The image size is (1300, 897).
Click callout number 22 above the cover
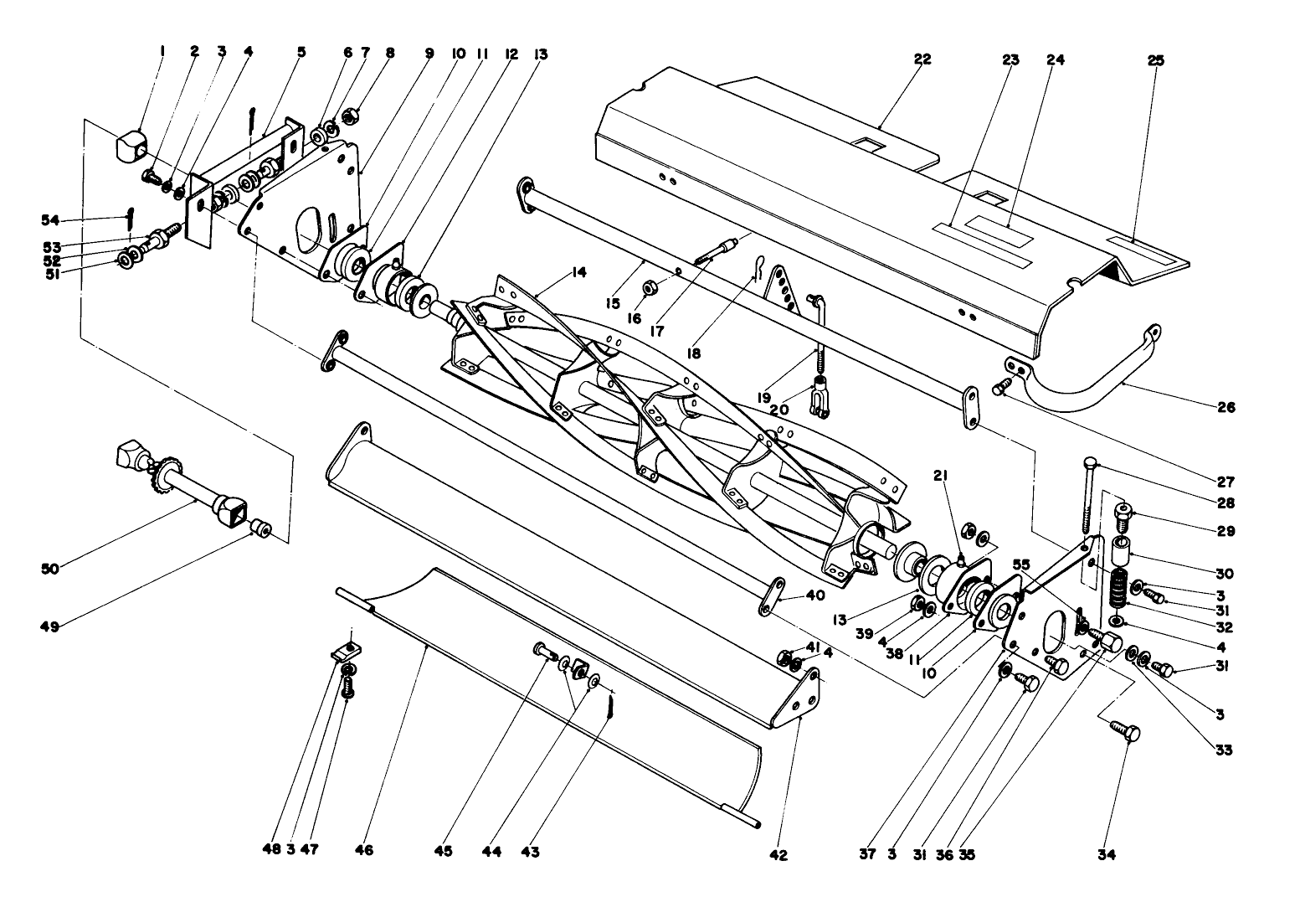coord(922,59)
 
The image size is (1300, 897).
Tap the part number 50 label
coord(51,569)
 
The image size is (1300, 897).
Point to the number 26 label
coord(1227,408)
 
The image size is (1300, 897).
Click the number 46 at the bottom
coord(364,851)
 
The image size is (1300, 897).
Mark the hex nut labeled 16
coord(650,288)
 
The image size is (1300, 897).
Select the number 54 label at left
coord(51,219)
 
